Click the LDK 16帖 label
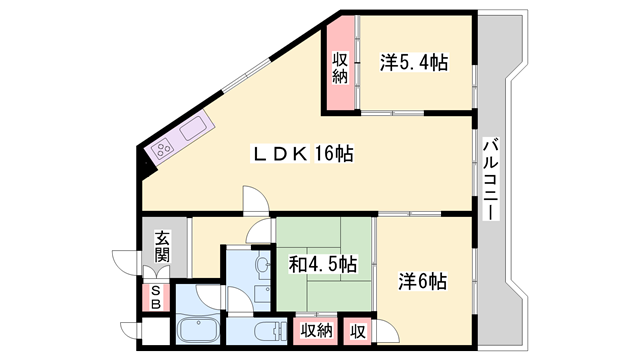301,154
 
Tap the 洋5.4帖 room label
413,62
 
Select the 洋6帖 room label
423,281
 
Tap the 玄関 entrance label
162,246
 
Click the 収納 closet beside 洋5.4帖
340,67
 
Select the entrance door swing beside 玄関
127,262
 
